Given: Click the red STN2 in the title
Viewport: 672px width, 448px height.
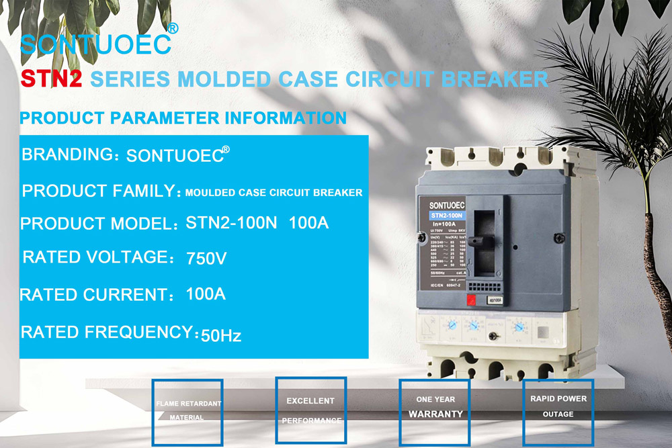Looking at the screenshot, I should tap(51, 79).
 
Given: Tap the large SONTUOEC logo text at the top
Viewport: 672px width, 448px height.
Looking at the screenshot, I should tap(95, 44).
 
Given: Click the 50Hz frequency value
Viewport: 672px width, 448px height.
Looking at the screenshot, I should tap(221, 335).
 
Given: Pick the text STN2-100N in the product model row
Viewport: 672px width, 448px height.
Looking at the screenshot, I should tap(230, 222).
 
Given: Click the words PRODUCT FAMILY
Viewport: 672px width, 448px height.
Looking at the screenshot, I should tap(99, 191).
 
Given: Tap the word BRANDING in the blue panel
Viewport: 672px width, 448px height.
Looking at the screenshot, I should tap(67, 154).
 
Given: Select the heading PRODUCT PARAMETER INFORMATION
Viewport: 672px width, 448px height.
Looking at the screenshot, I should tap(183, 118).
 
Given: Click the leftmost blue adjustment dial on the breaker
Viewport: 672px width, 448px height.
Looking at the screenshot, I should tap(452, 325).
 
